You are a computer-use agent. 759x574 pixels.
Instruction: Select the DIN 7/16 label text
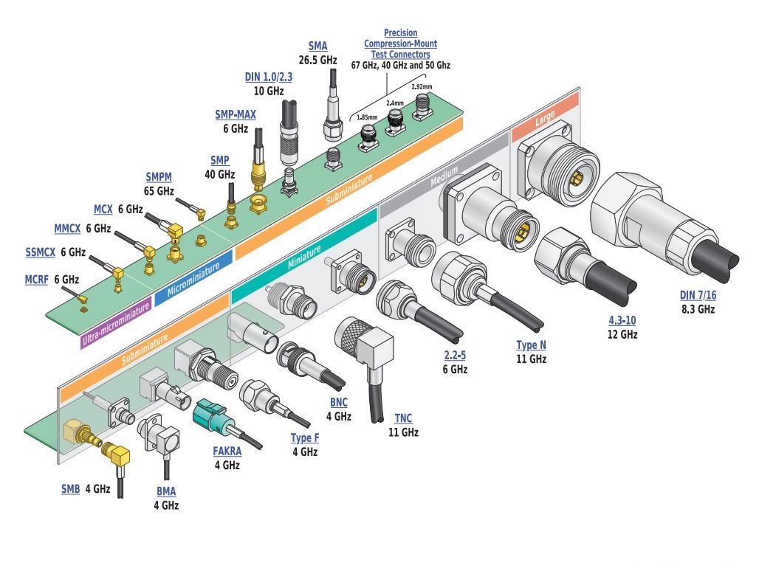697,296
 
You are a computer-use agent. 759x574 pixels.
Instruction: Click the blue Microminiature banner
193,279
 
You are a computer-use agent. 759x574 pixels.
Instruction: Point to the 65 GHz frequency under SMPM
159,190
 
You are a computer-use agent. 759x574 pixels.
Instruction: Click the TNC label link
403,419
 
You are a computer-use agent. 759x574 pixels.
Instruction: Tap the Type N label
531,345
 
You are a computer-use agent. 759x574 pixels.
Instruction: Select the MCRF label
38,280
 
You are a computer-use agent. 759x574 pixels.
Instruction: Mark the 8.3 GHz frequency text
697,309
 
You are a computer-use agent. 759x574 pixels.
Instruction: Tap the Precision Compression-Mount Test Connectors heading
400,44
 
